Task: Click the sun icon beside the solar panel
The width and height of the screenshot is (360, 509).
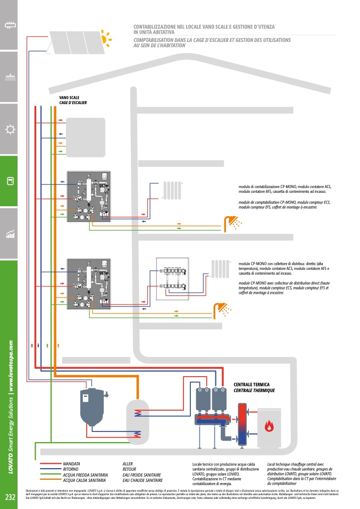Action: pos(106,37)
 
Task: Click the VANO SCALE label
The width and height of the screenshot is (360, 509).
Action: pos(70,98)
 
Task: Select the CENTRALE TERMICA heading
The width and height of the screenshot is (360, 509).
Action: pos(252,384)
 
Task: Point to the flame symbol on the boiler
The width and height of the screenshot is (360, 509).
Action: pos(270,426)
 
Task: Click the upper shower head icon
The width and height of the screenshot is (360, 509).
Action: pos(232,222)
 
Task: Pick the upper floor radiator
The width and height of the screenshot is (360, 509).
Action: pos(172,190)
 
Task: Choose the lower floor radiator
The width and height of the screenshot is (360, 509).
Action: pos(220,268)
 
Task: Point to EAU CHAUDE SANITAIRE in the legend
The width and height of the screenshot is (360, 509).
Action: pos(143,480)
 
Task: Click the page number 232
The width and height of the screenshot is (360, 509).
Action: pos(10,497)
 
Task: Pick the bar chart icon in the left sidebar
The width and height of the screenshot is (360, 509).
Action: pos(9,234)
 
